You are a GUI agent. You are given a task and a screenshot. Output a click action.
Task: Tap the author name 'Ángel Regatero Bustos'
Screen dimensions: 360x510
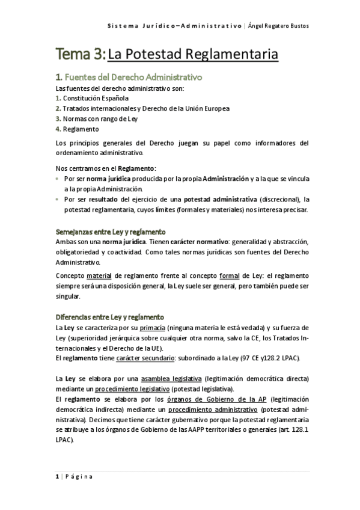[282, 26]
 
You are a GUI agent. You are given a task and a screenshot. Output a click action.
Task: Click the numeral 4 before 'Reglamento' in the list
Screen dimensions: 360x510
[57, 129]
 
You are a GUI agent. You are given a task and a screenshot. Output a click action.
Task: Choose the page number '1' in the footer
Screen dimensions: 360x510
[56, 477]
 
